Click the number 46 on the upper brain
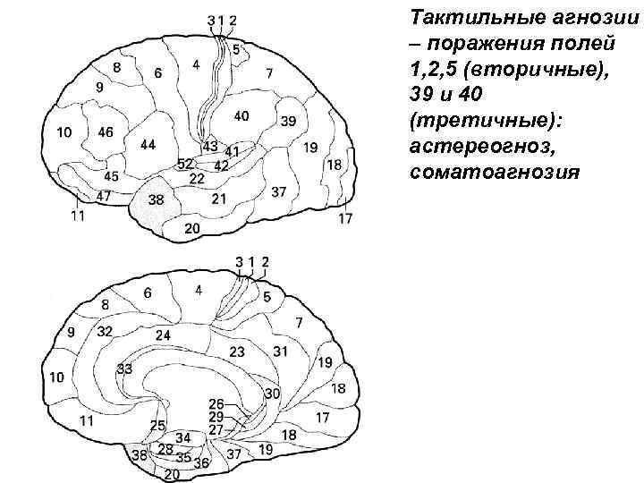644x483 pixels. click(x=106, y=132)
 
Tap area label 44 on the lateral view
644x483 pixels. click(x=148, y=144)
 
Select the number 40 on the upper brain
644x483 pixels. click(x=241, y=115)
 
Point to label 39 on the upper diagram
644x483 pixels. click(x=287, y=121)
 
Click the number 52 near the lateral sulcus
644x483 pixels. click(x=185, y=164)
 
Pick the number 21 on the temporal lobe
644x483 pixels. click(x=219, y=199)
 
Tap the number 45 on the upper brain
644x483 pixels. click(x=112, y=176)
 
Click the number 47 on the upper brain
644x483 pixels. click(x=104, y=195)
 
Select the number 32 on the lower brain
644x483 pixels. click(x=104, y=331)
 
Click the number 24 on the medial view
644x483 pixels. click(x=163, y=335)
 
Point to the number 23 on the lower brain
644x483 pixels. click(x=237, y=352)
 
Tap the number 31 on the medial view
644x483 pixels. click(x=281, y=352)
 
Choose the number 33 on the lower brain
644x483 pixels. click(x=124, y=369)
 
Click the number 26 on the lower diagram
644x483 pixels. click(x=216, y=404)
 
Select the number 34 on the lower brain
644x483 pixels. click(x=183, y=436)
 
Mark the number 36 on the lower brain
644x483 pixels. click(x=201, y=462)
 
